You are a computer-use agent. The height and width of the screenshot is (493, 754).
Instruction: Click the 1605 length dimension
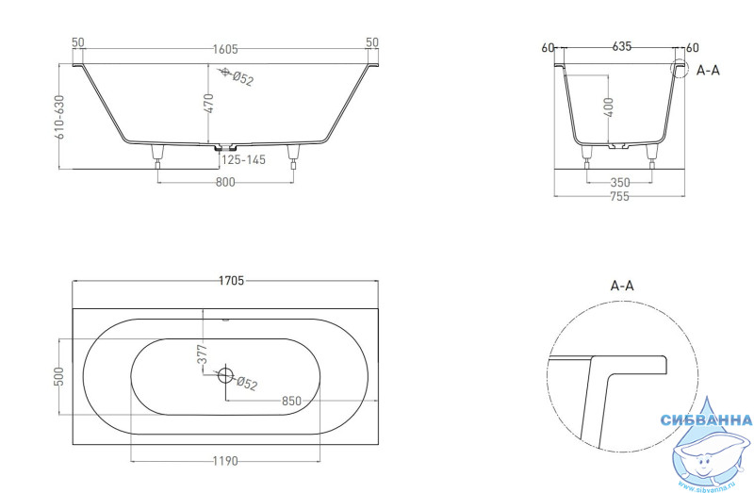225,49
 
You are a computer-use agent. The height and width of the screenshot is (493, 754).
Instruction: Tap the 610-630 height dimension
59,117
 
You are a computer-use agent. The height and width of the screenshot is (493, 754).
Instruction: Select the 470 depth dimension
208,104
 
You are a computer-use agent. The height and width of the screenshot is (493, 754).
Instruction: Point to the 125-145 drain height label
243,159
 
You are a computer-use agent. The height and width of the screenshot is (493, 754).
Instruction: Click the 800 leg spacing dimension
225,182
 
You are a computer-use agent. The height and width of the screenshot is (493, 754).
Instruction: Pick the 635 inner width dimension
621,46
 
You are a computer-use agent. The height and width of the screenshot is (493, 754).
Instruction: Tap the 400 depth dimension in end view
608,107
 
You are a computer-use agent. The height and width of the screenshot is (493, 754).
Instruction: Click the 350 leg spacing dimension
620,182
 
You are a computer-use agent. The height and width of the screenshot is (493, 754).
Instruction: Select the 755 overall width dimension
619,196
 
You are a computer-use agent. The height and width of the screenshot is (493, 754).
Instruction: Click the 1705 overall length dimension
231,280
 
